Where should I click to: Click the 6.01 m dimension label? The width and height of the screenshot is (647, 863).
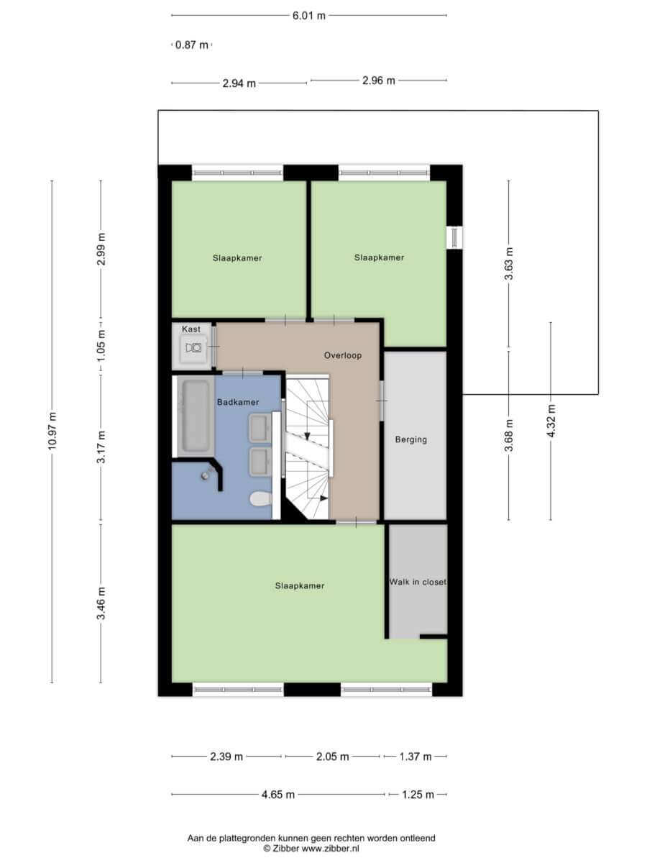click(309, 16)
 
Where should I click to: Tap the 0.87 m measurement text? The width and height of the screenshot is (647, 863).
click(192, 45)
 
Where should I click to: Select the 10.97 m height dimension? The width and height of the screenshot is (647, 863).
click(52, 431)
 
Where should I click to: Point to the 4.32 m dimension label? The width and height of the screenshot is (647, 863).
click(551, 421)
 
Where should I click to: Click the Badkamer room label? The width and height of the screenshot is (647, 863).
click(238, 402)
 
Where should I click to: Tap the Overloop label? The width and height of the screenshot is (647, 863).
click(343, 355)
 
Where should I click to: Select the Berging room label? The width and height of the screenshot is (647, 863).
click(411, 439)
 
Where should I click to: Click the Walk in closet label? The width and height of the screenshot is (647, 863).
click(418, 582)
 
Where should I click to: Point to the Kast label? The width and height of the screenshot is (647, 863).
click(191, 329)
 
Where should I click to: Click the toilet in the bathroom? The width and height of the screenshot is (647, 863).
click(260, 499)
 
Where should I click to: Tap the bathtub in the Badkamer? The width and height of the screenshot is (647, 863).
click(196, 416)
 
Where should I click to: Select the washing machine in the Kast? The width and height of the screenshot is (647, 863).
click(193, 347)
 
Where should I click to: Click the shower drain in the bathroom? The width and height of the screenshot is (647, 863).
click(205, 476)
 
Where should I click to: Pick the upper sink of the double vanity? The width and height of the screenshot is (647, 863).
click(260, 427)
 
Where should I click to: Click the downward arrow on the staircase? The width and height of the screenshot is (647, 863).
click(307, 436)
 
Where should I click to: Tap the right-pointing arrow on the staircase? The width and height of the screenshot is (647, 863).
click(323, 498)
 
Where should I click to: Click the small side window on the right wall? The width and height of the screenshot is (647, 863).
click(454, 237)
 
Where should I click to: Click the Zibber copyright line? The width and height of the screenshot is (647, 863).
click(311, 848)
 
